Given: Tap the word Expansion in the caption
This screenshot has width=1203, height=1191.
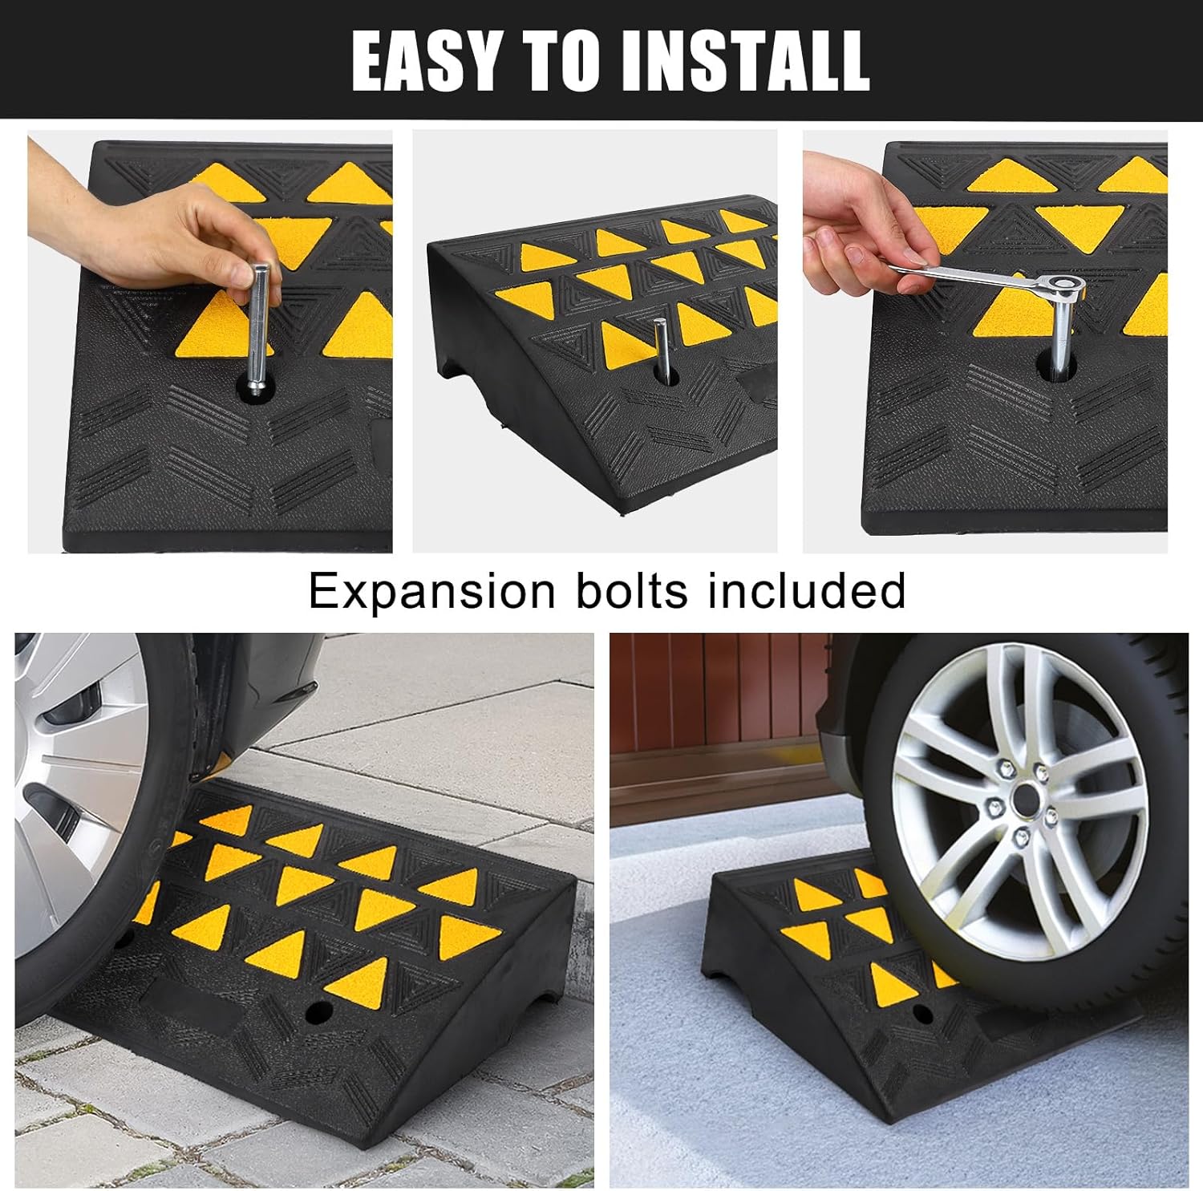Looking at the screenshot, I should point(431,591).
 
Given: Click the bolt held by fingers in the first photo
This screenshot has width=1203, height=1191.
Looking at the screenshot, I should point(261,329).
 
